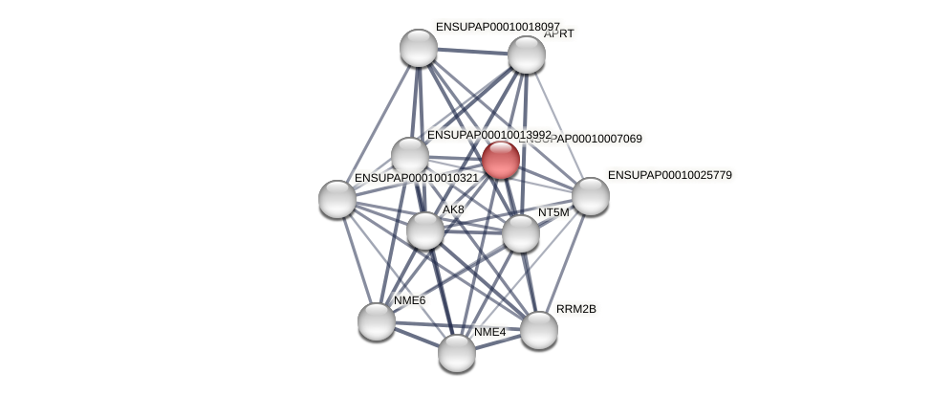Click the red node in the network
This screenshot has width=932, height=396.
coord(500,160)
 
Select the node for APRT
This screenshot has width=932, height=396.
coord(526,55)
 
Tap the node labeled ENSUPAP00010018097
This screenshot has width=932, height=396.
coord(418,48)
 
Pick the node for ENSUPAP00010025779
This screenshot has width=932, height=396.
coord(590,196)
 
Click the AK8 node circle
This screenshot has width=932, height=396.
coord(424,231)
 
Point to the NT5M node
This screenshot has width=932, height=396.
coord(520,233)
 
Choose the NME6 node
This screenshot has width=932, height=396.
coord(376,321)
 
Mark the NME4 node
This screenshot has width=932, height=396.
coord(456,353)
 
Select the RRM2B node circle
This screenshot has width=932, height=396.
coord(538,330)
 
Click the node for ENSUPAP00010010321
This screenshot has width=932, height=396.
coord(336,199)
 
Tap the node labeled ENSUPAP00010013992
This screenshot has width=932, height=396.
coord(409,156)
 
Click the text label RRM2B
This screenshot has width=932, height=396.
coord(575,309)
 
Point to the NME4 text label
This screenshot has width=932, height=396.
coord(489,332)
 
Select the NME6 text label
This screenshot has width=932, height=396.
coord(409,300)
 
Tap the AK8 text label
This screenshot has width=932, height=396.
coord(453,209)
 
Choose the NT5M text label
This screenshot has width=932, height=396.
coord(553,212)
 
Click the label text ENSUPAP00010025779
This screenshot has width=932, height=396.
coord(669,175)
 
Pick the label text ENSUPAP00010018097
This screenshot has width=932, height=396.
coord(497,27)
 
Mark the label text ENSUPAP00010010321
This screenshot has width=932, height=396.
coord(416,178)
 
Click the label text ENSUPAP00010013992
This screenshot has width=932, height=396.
coord(488,135)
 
